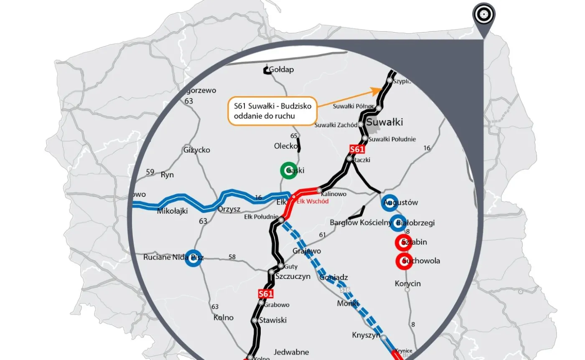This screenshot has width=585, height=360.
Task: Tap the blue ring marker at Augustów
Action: click(389, 202)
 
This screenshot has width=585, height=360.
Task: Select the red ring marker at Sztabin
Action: click(404, 242)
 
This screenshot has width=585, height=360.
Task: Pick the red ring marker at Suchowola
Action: click(404, 261)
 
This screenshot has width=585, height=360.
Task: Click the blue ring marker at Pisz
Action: click(193, 258)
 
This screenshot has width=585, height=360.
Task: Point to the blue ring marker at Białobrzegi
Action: click(398, 223)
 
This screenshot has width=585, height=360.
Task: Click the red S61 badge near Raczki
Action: click(357, 149)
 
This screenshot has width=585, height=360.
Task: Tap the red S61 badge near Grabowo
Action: click(266, 294)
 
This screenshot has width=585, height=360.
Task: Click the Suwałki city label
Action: click(384, 122)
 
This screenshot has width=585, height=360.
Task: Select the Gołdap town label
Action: click(281, 69)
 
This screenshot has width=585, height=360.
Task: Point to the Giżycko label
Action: click(196, 150)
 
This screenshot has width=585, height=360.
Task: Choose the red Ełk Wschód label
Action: click(313, 201)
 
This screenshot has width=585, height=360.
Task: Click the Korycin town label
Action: click(407, 283)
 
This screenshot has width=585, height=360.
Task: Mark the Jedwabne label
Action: click(291, 352)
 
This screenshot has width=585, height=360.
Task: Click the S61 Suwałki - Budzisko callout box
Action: click(272, 111)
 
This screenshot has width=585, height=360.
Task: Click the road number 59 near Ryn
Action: click(150, 172)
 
